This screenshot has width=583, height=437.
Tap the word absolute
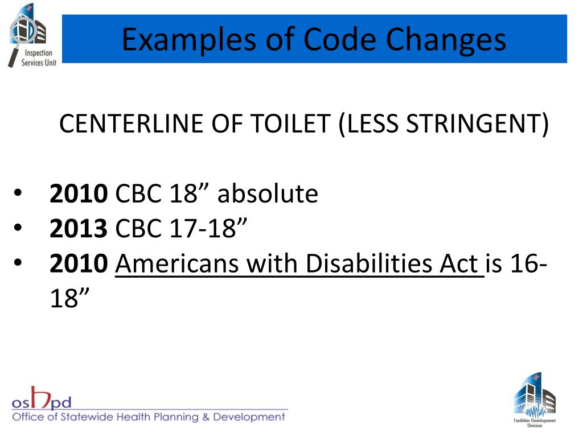pos(267,194)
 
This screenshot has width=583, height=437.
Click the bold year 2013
pos(78,229)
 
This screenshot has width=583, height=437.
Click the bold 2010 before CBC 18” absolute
pos(78,194)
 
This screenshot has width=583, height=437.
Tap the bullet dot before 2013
pos(18,230)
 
